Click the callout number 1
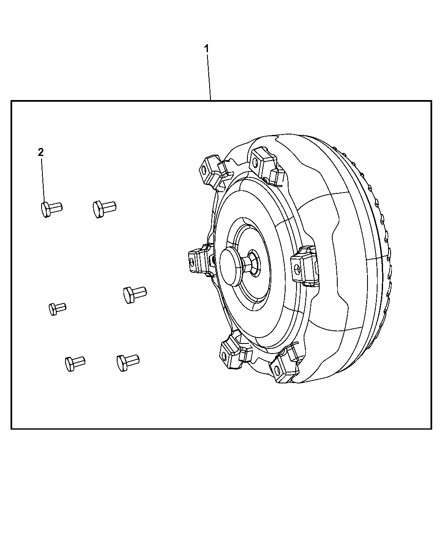click(206, 49)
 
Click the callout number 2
click(41, 152)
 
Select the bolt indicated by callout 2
click(51, 208)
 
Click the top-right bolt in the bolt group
click(103, 208)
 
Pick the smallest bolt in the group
click(57, 308)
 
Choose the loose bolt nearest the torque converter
click(134, 293)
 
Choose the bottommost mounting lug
click(284, 367)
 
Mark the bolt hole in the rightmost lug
click(297, 269)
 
